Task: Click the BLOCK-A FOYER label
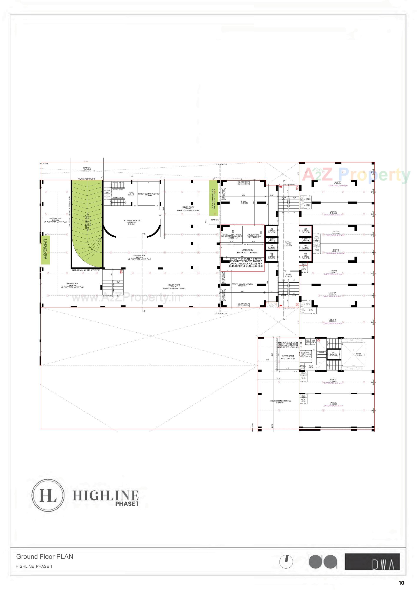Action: [x=288, y=244]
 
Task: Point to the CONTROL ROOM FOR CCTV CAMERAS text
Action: [x=254, y=236]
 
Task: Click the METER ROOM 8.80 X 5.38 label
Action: [x=247, y=251]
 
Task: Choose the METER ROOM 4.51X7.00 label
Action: [x=288, y=357]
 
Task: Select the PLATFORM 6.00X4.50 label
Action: [x=87, y=169]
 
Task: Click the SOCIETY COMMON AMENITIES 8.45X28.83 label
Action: [x=280, y=402]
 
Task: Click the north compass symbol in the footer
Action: [x=286, y=562]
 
